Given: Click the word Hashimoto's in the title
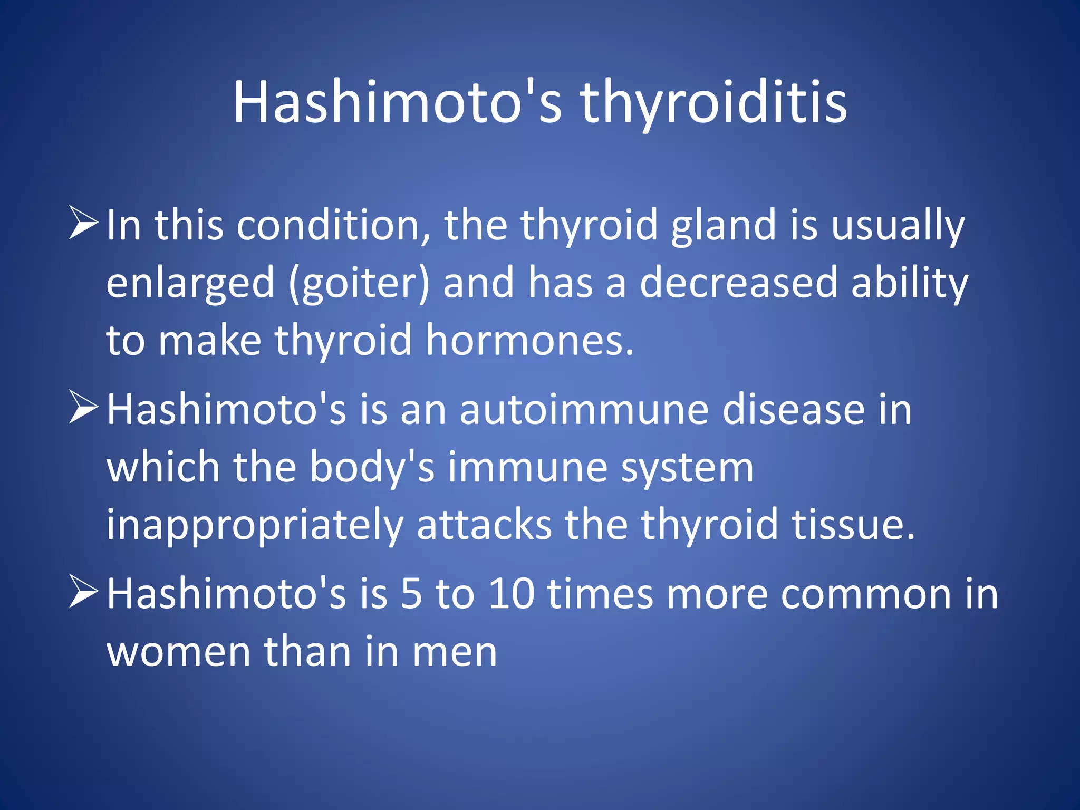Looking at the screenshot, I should click(x=397, y=103).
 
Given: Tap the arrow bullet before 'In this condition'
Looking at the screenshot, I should click(x=83, y=224).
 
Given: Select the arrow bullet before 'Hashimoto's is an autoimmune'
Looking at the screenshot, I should click(x=83, y=408).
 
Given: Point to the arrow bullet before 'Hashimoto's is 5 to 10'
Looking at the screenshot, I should click(x=83, y=593).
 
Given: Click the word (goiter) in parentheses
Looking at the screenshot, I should click(x=359, y=283).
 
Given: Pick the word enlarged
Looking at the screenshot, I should click(x=190, y=283).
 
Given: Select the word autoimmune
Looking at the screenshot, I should click(x=584, y=410).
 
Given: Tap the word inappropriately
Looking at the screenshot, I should click(x=254, y=525).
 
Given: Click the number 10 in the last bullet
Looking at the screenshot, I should click(x=511, y=594).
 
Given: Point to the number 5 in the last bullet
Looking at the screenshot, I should click(x=411, y=594).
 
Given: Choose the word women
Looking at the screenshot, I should click(x=178, y=652).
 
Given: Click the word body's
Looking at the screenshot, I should click(x=372, y=467).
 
